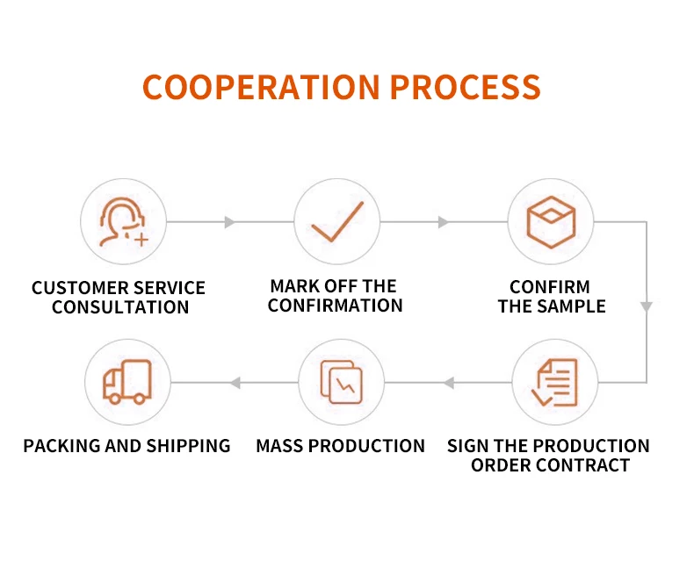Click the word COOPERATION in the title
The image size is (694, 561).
pyautogui.click(x=261, y=87)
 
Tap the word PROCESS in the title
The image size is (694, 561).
pyautogui.click(x=465, y=87)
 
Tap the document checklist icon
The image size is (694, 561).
pyautogui.click(x=554, y=383)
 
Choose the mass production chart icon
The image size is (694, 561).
pyautogui.click(x=341, y=383)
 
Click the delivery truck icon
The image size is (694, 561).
pyautogui.click(x=127, y=383)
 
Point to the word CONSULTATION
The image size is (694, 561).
pyautogui.click(x=120, y=308)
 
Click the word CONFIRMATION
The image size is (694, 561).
pyautogui.click(x=335, y=306)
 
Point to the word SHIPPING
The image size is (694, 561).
pyautogui.click(x=188, y=446)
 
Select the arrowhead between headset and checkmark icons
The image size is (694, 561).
pyautogui.click(x=230, y=222)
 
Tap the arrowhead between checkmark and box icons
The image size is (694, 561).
pyautogui.click(x=444, y=222)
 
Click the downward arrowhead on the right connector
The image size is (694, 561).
pyautogui.click(x=647, y=306)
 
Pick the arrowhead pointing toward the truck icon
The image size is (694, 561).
pyautogui.click(x=235, y=383)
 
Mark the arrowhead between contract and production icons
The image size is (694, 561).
pyautogui.click(x=448, y=383)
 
